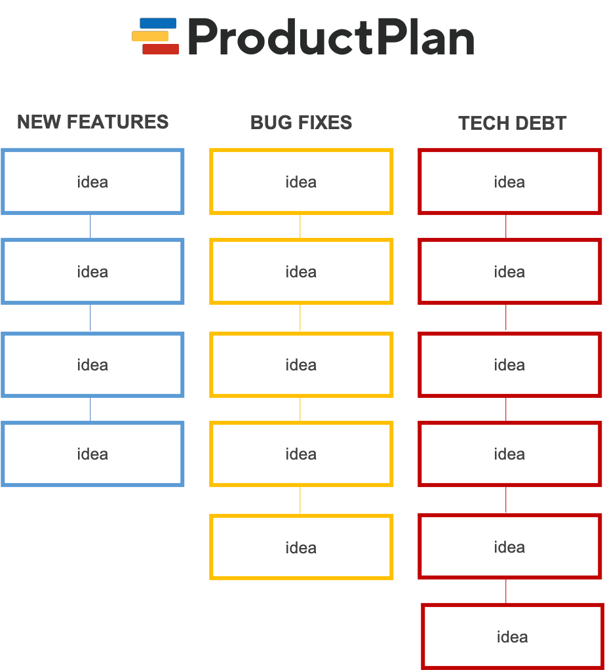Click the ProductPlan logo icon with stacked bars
[x=156, y=36]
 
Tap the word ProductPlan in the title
[x=330, y=38]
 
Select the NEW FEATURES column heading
[x=92, y=122]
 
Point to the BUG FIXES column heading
[x=302, y=123]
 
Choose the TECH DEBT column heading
[x=512, y=123]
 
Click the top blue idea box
[x=92, y=182]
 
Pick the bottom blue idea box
[x=92, y=454]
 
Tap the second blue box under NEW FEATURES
[x=92, y=271]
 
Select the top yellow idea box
[x=302, y=182]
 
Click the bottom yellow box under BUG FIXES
[x=302, y=547]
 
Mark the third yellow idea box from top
[x=302, y=365]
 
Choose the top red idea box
[x=510, y=182]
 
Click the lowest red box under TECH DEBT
[x=512, y=637]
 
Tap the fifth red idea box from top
[x=510, y=547]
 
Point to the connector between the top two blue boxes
[x=90, y=226]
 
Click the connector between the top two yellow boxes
[x=300, y=226]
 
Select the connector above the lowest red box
[x=506, y=591]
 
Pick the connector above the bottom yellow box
[x=300, y=501]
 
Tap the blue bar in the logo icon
[x=158, y=24]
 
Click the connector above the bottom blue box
[x=90, y=409]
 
